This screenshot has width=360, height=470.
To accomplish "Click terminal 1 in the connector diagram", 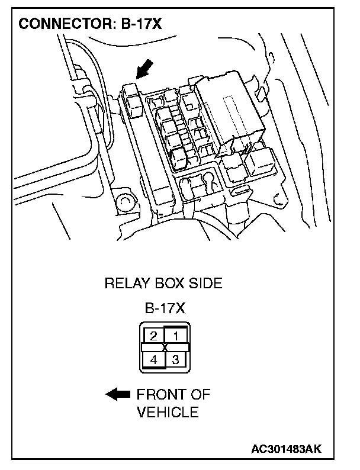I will pos(176,336).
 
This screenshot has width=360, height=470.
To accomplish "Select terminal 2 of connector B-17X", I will pos(153,336).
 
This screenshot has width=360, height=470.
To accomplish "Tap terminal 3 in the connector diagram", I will pos(176,359).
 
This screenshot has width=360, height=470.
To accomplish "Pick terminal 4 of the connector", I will pos(153,359).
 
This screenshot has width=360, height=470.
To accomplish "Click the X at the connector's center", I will pos(165,347).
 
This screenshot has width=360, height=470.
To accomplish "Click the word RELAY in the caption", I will pos(126,284).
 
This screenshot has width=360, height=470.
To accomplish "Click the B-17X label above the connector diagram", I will pos(165,308).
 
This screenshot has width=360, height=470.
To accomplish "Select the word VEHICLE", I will pos(168,412).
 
